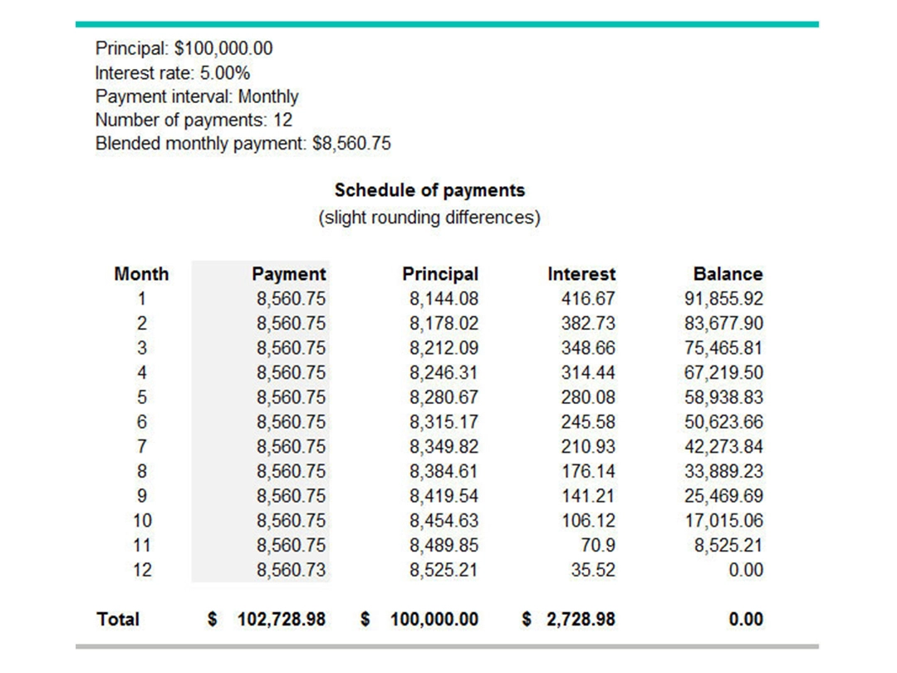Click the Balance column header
point(728,273)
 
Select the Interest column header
point(581,273)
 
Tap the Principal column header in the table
point(440,273)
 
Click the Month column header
point(141,273)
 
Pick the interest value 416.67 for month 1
point(588,298)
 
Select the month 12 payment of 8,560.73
point(291,570)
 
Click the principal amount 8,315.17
point(444,422)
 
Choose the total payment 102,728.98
point(282,619)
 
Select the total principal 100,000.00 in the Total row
point(434,619)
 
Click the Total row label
point(118,619)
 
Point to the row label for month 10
point(141,521)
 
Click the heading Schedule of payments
point(429,190)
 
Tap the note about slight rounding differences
point(429,218)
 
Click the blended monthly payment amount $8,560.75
point(351,144)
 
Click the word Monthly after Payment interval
point(267,96)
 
